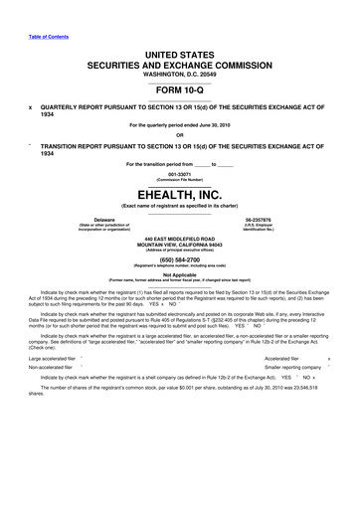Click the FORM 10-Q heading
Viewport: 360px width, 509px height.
[180, 87]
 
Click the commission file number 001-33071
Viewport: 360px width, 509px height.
[180, 172]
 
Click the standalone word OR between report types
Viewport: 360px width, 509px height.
[180, 135]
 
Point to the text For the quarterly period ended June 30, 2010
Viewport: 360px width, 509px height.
[180, 124]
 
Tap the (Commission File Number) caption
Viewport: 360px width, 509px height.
[180, 179]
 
